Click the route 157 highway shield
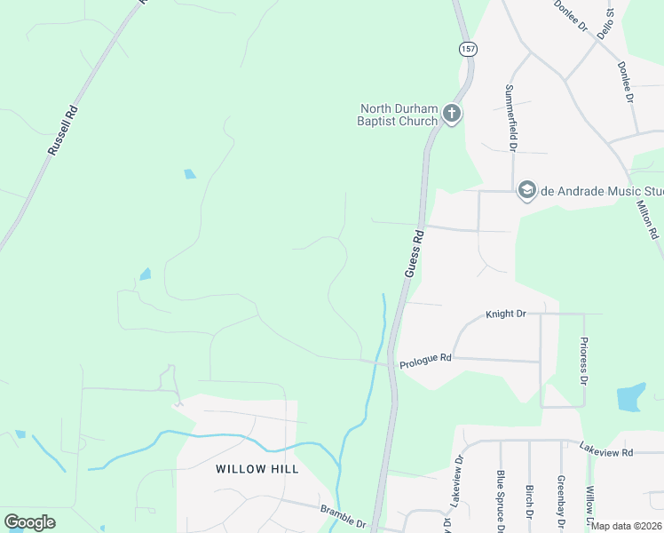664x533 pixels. point(467,49)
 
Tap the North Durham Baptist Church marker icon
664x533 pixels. point(452,114)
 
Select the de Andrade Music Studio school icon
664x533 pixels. point(527,190)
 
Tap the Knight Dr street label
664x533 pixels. point(506,314)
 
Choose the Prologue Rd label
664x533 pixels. point(426,360)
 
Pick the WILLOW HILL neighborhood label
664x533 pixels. point(257,468)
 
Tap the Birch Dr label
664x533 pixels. point(529,503)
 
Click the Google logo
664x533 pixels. point(30,522)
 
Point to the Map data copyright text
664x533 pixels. point(627,526)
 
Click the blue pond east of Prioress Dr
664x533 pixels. point(629,396)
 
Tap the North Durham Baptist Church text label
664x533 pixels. point(398,115)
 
